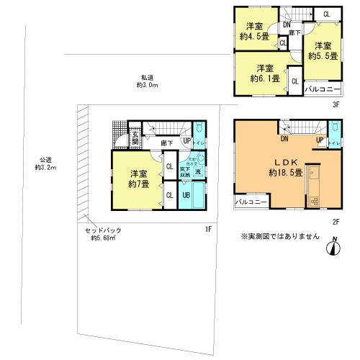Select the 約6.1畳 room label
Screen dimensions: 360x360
pyautogui.click(x=261, y=73)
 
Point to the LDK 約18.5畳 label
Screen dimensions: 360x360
pyautogui.click(x=283, y=168)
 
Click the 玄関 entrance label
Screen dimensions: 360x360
pyautogui.click(x=135, y=138)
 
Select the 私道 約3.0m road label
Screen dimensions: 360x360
pyautogui.click(x=148, y=81)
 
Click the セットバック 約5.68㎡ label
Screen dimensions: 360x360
pyautogui.click(x=103, y=234)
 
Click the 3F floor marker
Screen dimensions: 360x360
pyautogui.click(x=335, y=104)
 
